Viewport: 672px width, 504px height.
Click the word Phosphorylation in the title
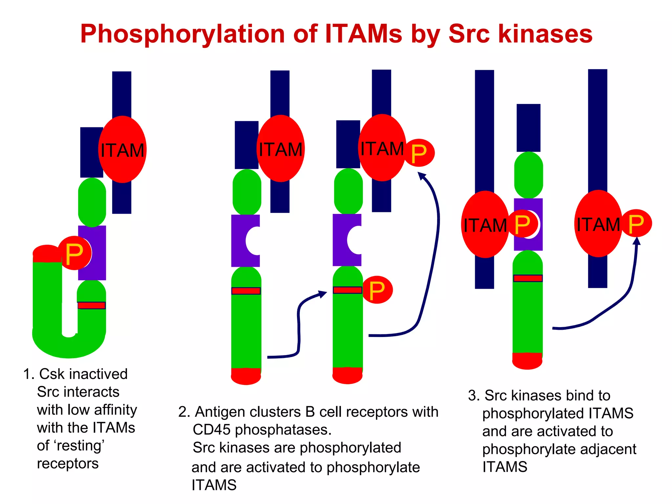click(182, 34)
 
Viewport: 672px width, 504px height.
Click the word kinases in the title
click(545, 34)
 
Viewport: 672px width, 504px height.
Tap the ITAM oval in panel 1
click(122, 150)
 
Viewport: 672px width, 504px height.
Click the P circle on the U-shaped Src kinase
click(75, 253)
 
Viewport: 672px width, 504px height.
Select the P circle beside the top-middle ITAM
click(419, 153)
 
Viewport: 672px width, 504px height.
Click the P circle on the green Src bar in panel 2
click(377, 290)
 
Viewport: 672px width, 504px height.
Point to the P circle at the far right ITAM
click(636, 223)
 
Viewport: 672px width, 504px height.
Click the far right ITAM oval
click(598, 224)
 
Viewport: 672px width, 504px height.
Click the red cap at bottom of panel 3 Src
click(527, 361)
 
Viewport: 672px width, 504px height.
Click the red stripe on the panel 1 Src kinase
click(92, 305)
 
